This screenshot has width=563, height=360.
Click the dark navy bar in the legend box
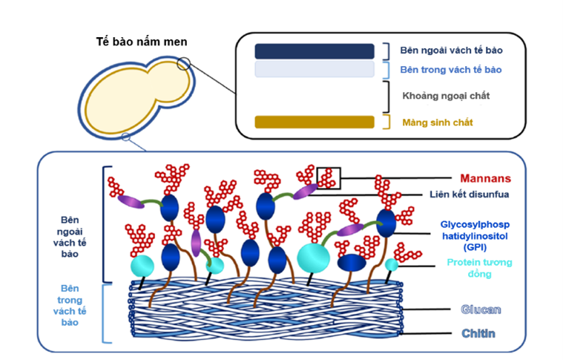click(315, 51)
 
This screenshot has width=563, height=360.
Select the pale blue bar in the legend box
click(315, 69)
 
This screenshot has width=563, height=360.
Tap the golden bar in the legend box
click(315, 122)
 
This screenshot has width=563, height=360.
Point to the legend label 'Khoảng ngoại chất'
click(446, 96)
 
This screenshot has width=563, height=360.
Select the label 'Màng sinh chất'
click(438, 122)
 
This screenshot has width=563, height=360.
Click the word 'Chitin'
click(476, 334)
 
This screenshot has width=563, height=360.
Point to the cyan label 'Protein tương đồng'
click(479, 268)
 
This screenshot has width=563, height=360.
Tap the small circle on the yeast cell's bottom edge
click(126, 136)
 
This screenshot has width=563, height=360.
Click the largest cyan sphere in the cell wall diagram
click(313, 256)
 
